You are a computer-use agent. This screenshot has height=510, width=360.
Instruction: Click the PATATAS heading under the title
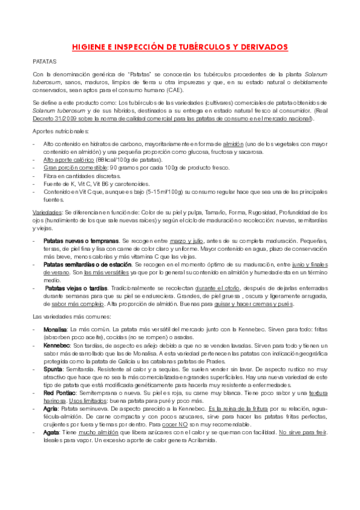coord(44,61)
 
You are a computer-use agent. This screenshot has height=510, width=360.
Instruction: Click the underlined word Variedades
coord(46,212)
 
